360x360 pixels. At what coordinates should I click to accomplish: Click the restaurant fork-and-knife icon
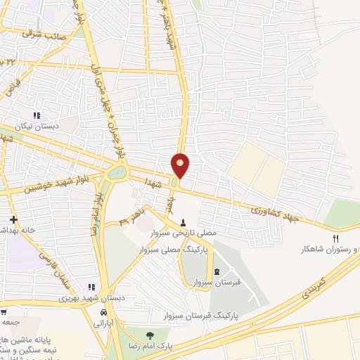click(x=335, y=238)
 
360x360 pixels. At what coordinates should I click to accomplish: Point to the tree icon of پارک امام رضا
click(x=149, y=335)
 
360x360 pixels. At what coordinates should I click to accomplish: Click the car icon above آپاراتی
click(x=103, y=312)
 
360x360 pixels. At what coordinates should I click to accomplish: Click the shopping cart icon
click(x=4, y=311)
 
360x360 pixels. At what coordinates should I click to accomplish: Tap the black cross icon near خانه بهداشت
click(x=12, y=219)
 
